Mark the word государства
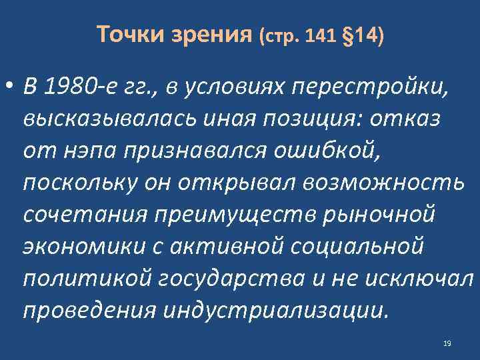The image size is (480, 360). point(221,281)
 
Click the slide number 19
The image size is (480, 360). point(447,343)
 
